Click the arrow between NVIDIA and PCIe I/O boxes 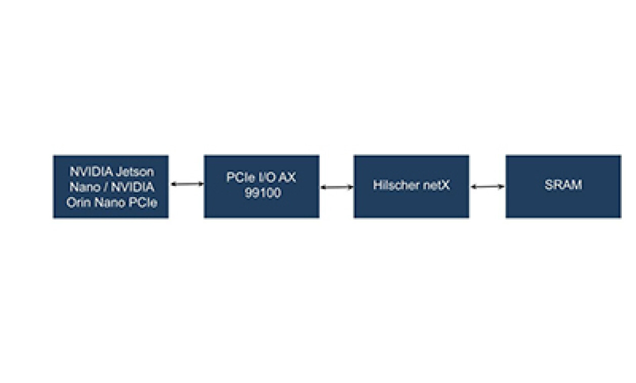point(187,184)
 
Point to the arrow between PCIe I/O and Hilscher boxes point(337,187)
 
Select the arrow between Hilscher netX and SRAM point(488,187)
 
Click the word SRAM point(563,185)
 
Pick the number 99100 point(262,194)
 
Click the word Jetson point(135,171)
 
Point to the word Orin point(78,203)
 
